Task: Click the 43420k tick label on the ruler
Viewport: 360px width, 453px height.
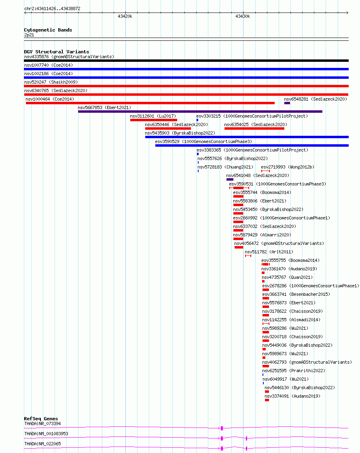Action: [x=125, y=17]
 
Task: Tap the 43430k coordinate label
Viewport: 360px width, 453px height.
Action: [x=243, y=17]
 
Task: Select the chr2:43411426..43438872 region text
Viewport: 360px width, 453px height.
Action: [x=52, y=8]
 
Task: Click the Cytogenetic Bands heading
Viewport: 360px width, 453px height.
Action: [x=48, y=30]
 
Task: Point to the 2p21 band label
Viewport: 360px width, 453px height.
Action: [x=29, y=35]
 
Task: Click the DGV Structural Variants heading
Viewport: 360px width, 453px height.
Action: [x=57, y=52]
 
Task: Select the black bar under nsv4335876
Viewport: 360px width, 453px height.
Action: [x=186, y=61]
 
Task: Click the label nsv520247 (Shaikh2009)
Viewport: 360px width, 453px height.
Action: [x=51, y=82]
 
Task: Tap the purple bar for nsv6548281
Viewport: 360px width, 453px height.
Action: [x=287, y=103]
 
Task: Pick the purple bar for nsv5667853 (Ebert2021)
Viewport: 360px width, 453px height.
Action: [x=200, y=112]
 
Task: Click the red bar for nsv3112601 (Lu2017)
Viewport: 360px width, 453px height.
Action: [x=154, y=120]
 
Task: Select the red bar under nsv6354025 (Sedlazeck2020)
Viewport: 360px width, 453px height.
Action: [x=254, y=129]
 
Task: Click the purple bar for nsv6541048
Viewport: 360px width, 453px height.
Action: [x=230, y=179]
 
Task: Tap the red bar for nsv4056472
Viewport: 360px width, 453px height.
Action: [x=239, y=247]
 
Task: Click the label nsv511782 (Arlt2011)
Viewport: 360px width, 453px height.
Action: [x=269, y=252]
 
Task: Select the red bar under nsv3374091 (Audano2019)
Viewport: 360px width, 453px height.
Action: [x=267, y=400]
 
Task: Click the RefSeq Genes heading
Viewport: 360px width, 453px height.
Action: [x=41, y=419]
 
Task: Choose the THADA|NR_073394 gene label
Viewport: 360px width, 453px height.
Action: [x=42, y=424]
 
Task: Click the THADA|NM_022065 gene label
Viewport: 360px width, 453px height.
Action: [x=42, y=444]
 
